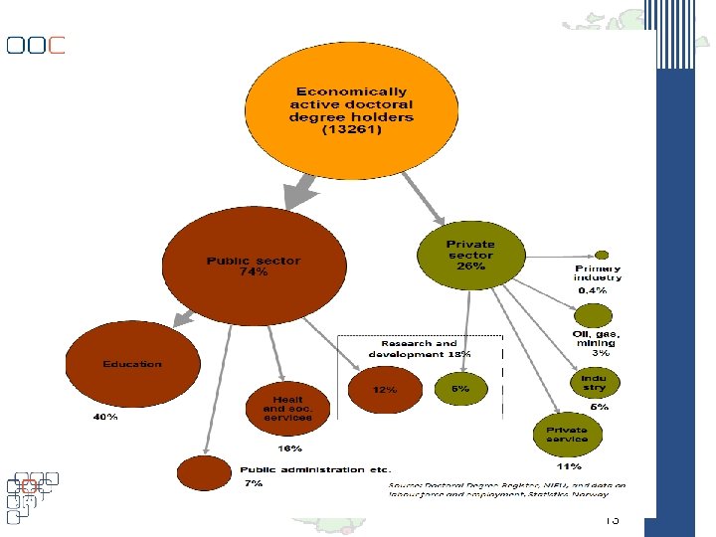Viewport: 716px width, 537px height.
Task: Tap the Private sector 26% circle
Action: pos(470,255)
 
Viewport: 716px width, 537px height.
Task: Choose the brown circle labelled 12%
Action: pos(385,389)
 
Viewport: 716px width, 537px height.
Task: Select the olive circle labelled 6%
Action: pos(460,389)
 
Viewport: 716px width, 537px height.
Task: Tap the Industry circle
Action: pos(595,382)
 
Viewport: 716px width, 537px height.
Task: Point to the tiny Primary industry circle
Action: pos(601,254)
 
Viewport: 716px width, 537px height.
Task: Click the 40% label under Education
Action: pos(105,418)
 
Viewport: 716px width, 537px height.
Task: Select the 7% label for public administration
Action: pos(254,483)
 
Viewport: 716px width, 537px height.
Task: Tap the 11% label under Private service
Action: pos(569,465)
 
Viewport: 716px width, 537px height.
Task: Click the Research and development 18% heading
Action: pos(420,349)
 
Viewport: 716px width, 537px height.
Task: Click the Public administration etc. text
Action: pos(315,468)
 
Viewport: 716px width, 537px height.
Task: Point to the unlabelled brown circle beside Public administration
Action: pos(203,472)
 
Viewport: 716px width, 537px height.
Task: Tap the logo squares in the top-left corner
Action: pos(36,45)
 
